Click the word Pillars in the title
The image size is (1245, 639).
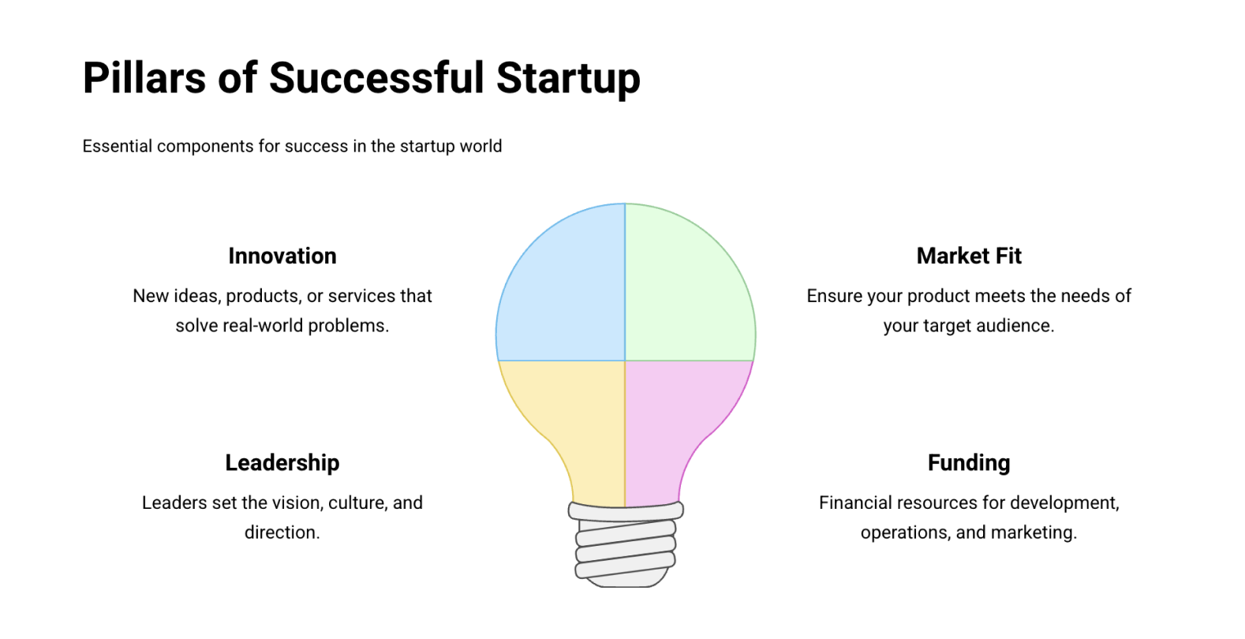click(144, 78)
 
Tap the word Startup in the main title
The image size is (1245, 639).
click(568, 79)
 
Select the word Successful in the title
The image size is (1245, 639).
click(376, 78)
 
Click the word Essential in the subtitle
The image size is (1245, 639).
click(118, 146)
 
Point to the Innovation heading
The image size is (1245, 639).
click(282, 256)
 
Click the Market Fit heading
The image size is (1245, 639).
click(969, 256)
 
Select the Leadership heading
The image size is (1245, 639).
click(282, 463)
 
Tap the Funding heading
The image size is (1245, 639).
click(969, 463)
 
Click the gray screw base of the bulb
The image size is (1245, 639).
click(626, 544)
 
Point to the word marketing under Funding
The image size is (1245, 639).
click(1034, 532)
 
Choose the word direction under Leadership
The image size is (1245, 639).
click(282, 532)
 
